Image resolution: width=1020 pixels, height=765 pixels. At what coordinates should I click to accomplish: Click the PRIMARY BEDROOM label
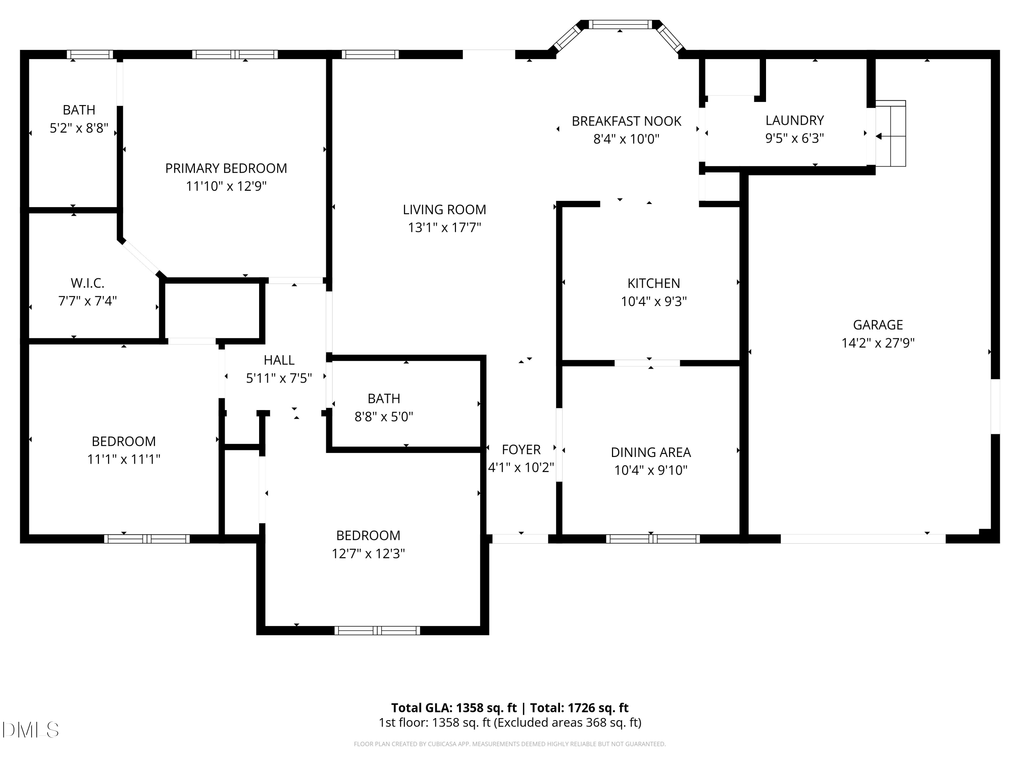click(226, 168)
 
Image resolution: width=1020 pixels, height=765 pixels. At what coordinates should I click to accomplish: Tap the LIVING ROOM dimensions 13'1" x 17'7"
click(444, 228)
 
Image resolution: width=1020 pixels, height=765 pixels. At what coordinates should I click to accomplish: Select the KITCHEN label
click(653, 283)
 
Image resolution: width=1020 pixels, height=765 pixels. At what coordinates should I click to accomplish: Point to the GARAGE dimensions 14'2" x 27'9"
click(878, 343)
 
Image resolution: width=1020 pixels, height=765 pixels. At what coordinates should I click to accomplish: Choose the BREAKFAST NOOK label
click(626, 121)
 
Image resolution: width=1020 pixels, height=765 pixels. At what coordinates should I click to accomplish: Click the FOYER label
click(521, 449)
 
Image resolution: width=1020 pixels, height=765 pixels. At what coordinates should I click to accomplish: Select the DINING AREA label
click(651, 452)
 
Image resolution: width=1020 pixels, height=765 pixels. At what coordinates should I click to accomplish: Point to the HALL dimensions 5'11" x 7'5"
click(279, 378)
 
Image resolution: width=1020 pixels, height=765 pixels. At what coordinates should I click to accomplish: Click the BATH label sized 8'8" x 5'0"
click(384, 398)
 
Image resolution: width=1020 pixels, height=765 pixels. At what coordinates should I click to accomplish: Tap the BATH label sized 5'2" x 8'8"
click(79, 110)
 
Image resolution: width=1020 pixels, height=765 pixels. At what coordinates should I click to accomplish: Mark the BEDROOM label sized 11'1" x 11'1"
click(123, 441)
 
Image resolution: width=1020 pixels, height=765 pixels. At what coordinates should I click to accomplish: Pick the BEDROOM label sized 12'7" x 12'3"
click(368, 535)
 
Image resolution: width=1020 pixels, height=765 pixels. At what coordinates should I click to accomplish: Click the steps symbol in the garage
click(891, 134)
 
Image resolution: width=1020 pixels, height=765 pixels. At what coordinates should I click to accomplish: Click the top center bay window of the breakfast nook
click(620, 24)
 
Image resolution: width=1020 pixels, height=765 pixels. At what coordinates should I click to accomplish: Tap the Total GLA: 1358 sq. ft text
click(454, 708)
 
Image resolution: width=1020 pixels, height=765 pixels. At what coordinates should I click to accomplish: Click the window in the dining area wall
click(652, 539)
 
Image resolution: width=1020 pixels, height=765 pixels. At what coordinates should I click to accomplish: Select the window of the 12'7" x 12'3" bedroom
click(377, 631)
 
